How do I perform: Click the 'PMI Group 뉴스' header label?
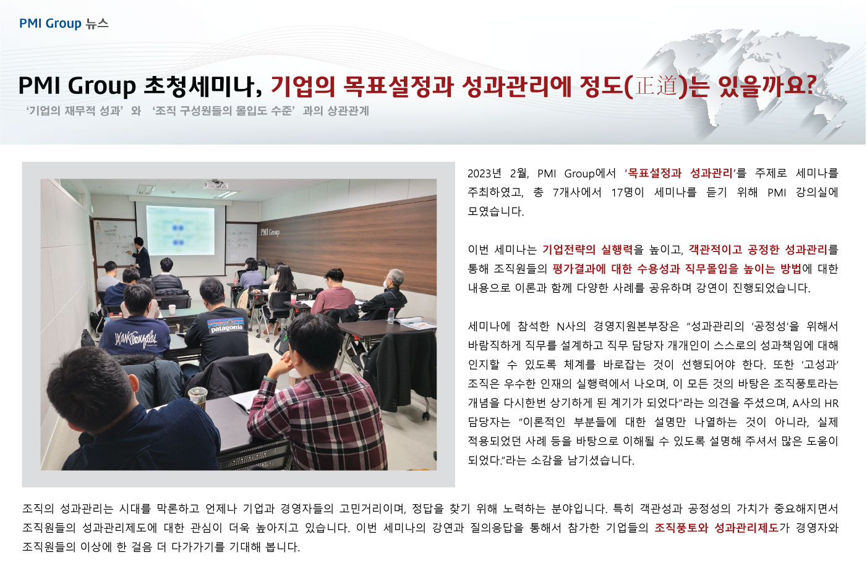click(64, 23)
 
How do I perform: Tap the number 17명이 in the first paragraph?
click(627, 192)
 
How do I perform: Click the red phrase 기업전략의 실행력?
click(587, 250)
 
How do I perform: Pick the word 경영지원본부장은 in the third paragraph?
click(636, 326)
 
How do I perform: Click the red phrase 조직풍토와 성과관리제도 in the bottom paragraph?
click(717, 528)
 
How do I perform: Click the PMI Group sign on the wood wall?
click(270, 232)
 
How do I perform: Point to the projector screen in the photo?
click(181, 231)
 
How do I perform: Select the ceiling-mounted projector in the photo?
click(216, 185)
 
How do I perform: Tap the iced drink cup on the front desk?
click(198, 397)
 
